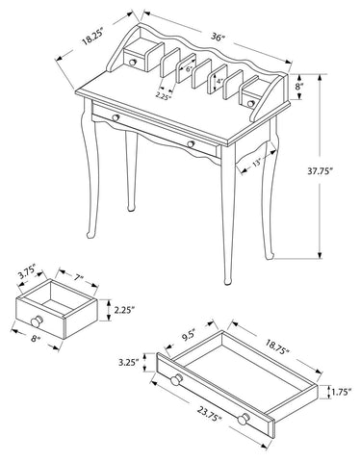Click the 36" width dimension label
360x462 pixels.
tap(217, 38)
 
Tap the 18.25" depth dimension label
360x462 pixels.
tap(92, 37)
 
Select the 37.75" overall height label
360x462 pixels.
tap(320, 171)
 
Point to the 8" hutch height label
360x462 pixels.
tap(299, 87)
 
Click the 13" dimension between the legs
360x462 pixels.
tap(257, 163)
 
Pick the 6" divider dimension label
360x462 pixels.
tap(189, 68)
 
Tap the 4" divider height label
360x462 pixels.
tap(219, 81)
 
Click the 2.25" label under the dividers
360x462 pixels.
tap(163, 95)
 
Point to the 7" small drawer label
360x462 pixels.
tap(78, 278)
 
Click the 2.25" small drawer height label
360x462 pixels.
tap(124, 310)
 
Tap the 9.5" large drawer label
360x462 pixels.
tap(188, 337)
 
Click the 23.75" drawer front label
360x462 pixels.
tap(210, 413)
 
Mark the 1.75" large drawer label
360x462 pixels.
tap(342, 392)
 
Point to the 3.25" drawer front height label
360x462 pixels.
tap(128, 363)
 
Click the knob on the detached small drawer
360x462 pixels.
tap(37, 321)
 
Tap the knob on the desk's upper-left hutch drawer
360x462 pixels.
tap(132, 63)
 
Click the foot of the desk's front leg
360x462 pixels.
tap(227, 281)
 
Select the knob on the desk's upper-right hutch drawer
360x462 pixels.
tap(251, 103)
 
